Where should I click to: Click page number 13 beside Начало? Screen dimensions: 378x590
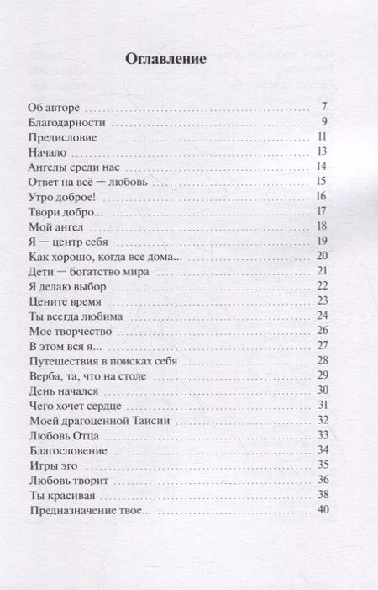click(x=321, y=151)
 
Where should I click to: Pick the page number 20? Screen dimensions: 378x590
click(x=321, y=255)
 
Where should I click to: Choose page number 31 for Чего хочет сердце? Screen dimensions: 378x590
click(x=321, y=404)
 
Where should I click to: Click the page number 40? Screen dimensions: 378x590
click(x=321, y=508)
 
